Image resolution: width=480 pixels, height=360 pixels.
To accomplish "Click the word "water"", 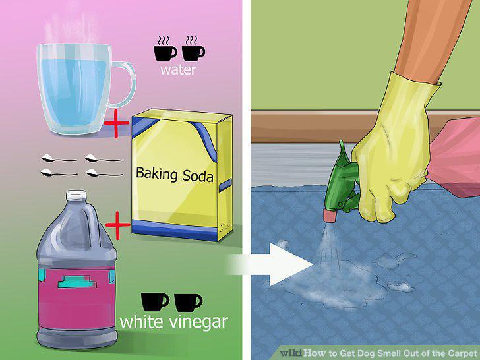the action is click(x=178, y=70).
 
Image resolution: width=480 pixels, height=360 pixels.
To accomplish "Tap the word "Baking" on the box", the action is click(x=156, y=174).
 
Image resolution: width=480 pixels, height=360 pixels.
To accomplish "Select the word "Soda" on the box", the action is click(x=198, y=177).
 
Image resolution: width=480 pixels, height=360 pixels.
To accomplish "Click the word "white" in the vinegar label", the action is click(x=141, y=322).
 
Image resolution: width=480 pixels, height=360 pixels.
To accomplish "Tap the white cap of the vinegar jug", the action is click(x=76, y=195).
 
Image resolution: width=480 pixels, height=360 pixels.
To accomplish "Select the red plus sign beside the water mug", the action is click(x=116, y=124).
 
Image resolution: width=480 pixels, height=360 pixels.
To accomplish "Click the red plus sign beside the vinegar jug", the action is click(x=117, y=225).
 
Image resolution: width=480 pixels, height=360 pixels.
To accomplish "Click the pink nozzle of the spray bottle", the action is click(x=330, y=215).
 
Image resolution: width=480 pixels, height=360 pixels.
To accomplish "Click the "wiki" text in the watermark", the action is click(x=291, y=353).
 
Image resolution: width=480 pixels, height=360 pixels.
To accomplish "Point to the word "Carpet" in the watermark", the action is click(x=463, y=353).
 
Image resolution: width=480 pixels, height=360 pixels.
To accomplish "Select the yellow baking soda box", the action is click(x=181, y=175).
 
